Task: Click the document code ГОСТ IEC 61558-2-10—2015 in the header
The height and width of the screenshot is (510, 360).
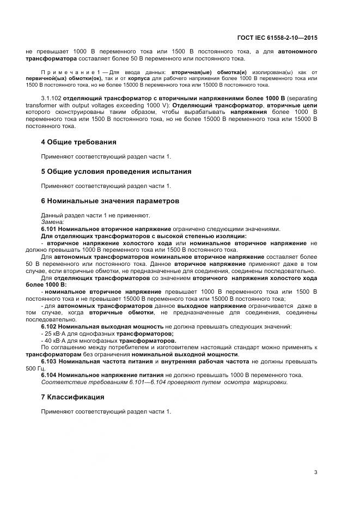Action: [277, 38]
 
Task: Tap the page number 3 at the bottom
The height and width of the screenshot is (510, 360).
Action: [315, 472]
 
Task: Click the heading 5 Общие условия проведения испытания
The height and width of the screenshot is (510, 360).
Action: [116, 172]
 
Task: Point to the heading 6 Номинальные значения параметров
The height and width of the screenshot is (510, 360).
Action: [110, 201]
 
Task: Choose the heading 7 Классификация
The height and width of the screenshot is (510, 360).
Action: [72, 397]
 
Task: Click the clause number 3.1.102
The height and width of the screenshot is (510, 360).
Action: [51, 99]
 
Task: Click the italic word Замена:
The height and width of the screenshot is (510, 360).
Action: [52, 222]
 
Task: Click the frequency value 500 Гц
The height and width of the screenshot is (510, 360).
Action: [34, 368]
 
